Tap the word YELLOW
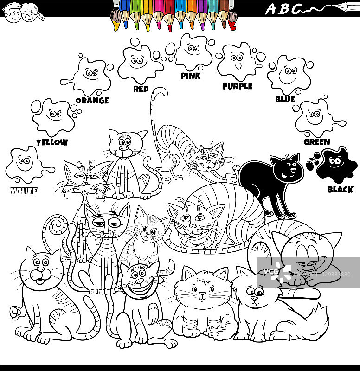coord(51,142)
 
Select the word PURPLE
coord(237,86)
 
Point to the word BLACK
coord(340,189)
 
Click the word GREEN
coord(316,142)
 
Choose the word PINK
coord(190,76)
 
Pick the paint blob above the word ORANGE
coord(90,74)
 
